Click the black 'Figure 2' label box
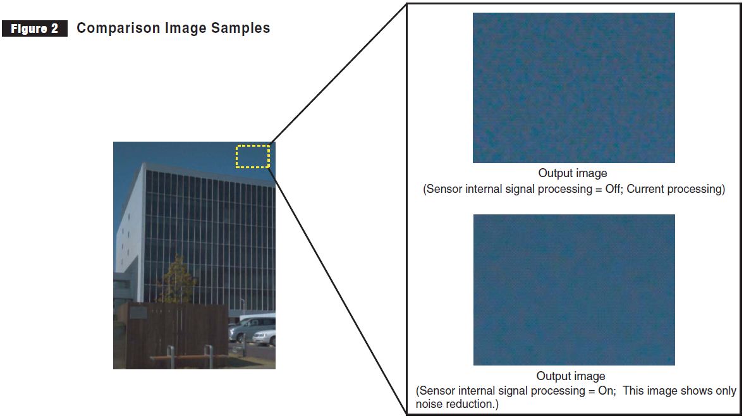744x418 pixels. click(35, 29)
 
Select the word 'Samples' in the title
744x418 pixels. click(243, 28)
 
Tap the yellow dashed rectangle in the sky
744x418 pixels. click(253, 156)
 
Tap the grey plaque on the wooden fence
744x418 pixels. click(138, 312)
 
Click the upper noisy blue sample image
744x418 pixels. click(573, 88)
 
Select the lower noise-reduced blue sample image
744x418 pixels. click(573, 290)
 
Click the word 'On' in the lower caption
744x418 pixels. click(606, 391)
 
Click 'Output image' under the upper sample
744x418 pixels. click(572, 173)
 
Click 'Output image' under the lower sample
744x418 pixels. click(571, 377)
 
